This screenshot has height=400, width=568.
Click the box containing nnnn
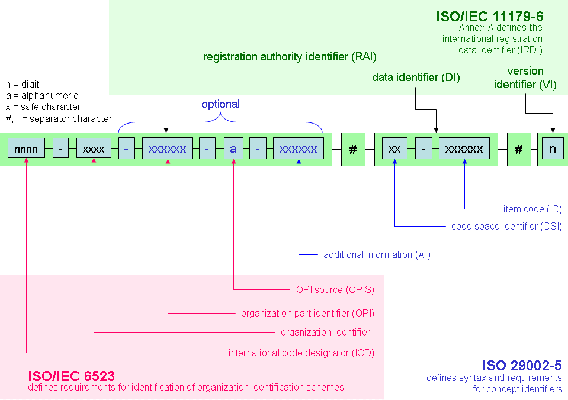26,149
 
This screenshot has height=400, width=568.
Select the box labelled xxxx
94,149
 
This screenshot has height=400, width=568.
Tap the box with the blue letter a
233,149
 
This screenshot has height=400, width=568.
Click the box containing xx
394,149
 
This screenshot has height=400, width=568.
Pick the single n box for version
553,149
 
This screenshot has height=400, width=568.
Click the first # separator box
353,149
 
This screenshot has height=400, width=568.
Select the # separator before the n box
519,149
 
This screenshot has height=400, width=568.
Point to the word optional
220,104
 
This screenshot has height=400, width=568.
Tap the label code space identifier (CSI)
506,226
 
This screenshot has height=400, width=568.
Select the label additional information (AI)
377,254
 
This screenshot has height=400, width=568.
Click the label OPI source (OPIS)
335,289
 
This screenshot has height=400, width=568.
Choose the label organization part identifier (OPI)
307,312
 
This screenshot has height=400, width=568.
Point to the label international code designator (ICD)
301,353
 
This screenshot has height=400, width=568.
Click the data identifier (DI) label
416,78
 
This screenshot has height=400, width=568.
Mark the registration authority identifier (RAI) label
290,57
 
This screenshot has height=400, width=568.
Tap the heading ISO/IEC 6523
71,376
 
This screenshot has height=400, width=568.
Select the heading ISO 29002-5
521,366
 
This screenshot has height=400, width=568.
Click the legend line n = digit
23,85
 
